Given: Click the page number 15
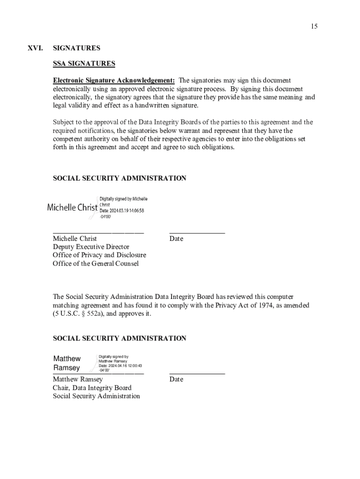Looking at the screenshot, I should tap(314, 26).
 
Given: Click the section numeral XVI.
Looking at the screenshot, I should tap(35, 48).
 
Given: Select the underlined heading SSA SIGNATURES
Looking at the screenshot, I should tap(84, 64).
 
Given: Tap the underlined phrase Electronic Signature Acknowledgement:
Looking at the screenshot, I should tap(114, 80).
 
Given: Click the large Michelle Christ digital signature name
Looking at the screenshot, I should tap(72, 207).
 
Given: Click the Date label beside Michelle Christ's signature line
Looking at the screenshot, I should tap(176, 239).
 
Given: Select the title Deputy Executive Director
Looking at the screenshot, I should tap(91, 247).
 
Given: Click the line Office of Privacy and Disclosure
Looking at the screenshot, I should tap(99, 255).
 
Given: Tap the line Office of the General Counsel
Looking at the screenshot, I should tap(95, 263).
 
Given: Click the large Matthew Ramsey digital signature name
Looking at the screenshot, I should tap(67, 363).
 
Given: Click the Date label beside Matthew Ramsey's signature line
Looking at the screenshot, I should tap(176, 379).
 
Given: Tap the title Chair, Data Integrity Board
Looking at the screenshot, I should tap(92, 388).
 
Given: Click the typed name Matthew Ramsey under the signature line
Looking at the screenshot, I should tap(78, 379).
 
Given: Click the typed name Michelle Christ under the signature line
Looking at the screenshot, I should tap(75, 239).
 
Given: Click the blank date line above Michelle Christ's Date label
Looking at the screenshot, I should tap(197, 232).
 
